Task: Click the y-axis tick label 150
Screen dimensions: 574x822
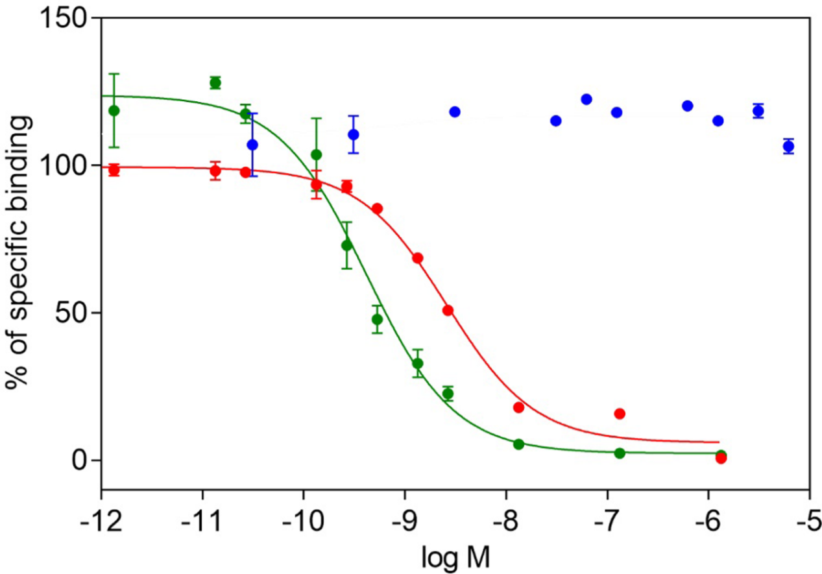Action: point(66,18)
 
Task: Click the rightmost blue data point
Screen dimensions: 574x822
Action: point(788,147)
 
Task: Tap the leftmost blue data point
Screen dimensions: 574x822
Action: point(252,145)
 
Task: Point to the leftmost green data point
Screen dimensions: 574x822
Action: point(114,110)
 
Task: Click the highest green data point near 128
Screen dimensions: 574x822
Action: point(215,83)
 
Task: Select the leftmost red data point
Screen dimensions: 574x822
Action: point(114,171)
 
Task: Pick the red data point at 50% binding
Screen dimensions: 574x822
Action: point(448,311)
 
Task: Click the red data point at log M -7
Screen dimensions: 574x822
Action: point(620,414)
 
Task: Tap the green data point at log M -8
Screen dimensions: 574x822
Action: point(518,444)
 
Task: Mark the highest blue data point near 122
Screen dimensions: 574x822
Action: point(586,99)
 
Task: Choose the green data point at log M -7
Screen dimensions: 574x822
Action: point(620,453)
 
